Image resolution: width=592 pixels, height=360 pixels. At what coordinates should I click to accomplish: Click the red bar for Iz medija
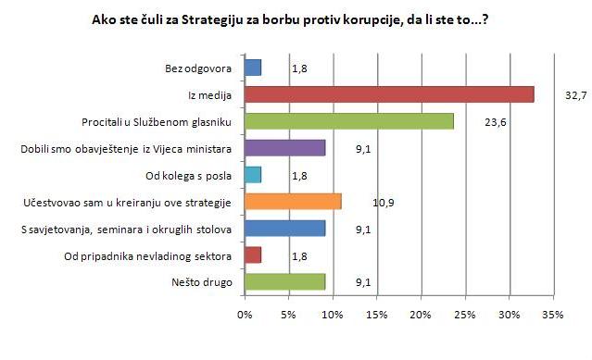pyautogui.click(x=389, y=94)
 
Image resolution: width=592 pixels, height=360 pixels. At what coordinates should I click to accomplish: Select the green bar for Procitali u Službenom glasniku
pyautogui.click(x=348, y=121)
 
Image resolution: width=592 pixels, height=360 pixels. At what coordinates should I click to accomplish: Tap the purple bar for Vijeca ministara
pyautogui.click(x=284, y=148)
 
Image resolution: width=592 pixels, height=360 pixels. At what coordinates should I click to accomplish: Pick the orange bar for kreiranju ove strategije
pyautogui.click(x=293, y=202)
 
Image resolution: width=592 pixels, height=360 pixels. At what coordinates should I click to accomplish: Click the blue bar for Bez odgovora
pyautogui.click(x=253, y=68)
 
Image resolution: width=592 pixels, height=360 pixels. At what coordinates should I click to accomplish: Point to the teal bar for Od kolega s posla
pyautogui.click(x=253, y=175)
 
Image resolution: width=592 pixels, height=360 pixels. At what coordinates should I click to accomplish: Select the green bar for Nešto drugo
pyautogui.click(x=284, y=282)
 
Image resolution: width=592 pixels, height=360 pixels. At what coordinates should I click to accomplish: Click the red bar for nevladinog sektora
pyautogui.click(x=253, y=255)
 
